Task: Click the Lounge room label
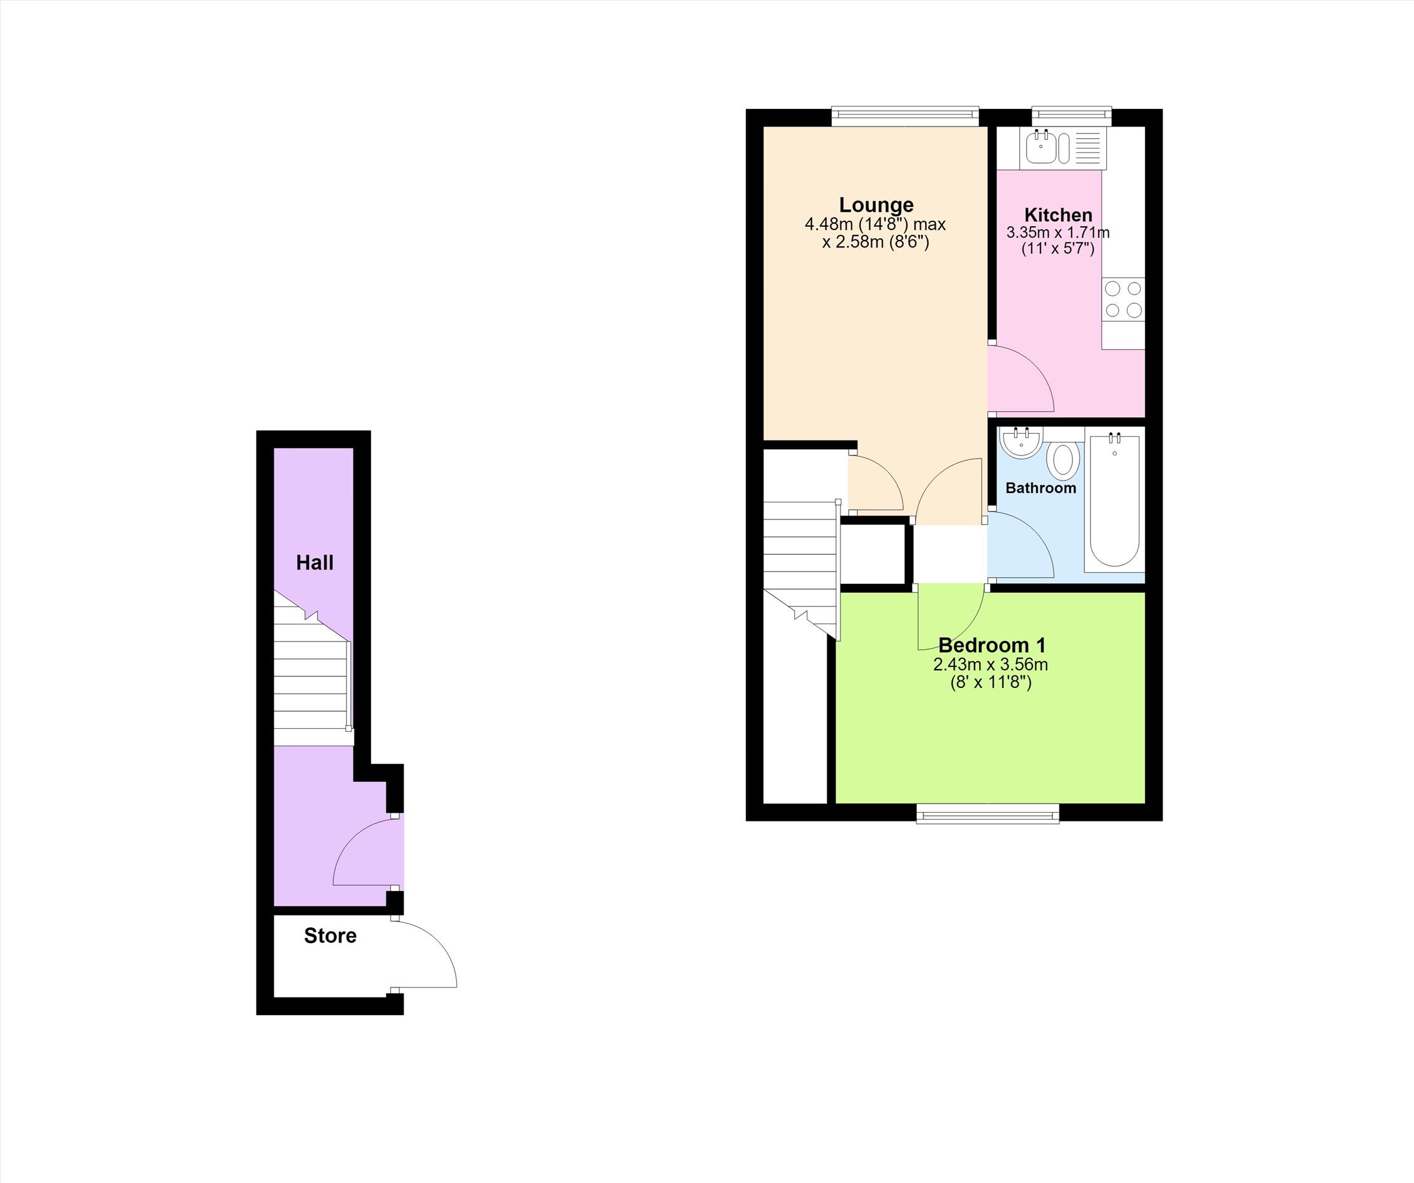[x=876, y=205]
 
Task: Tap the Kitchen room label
[x=1059, y=216]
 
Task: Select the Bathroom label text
[x=1040, y=487]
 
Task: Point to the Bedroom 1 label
[x=992, y=645]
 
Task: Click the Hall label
[x=315, y=562]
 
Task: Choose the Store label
[x=330, y=935]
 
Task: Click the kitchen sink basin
[x=1041, y=148]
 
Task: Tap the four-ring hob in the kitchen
[x=1123, y=300]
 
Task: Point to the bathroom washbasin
[x=1022, y=443]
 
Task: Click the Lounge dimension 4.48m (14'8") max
[x=876, y=224]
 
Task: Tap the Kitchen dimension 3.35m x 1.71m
[x=1058, y=233]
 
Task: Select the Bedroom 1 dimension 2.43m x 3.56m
[x=990, y=665]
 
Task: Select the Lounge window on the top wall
[x=904, y=116]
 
